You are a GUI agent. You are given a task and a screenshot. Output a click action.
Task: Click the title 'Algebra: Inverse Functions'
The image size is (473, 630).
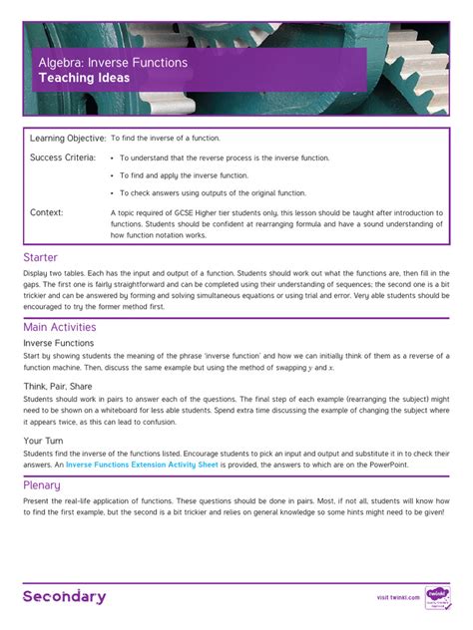(112, 62)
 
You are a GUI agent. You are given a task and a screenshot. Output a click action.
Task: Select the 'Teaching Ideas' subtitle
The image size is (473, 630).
(84, 78)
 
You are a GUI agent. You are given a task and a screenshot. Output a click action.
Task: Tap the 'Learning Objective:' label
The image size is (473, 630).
(68, 138)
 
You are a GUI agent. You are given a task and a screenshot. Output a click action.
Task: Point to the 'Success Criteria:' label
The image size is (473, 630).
(63, 157)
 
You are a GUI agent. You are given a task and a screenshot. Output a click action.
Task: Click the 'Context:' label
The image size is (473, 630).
(47, 212)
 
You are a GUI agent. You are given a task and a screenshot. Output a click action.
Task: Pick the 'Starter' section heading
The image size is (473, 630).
(41, 257)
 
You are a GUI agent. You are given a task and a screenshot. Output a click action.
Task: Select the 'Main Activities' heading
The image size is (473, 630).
(60, 327)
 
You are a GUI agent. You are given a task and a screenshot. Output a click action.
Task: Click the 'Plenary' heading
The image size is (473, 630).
(42, 485)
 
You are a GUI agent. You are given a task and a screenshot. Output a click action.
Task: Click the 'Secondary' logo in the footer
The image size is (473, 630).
(65, 597)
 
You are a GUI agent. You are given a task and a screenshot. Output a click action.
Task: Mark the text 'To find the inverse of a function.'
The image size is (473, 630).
(165, 139)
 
